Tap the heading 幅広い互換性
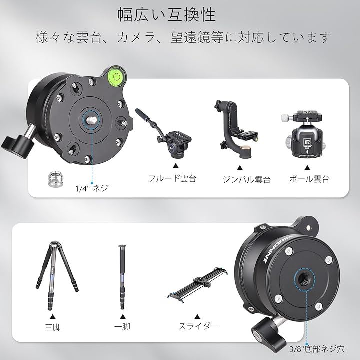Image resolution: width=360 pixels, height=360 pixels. (167, 14)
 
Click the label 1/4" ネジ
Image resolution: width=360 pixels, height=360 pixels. (91, 188)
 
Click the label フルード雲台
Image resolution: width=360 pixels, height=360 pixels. (172, 178)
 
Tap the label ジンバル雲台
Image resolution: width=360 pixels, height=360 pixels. (246, 179)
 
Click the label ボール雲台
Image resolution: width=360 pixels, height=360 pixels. (309, 179)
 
